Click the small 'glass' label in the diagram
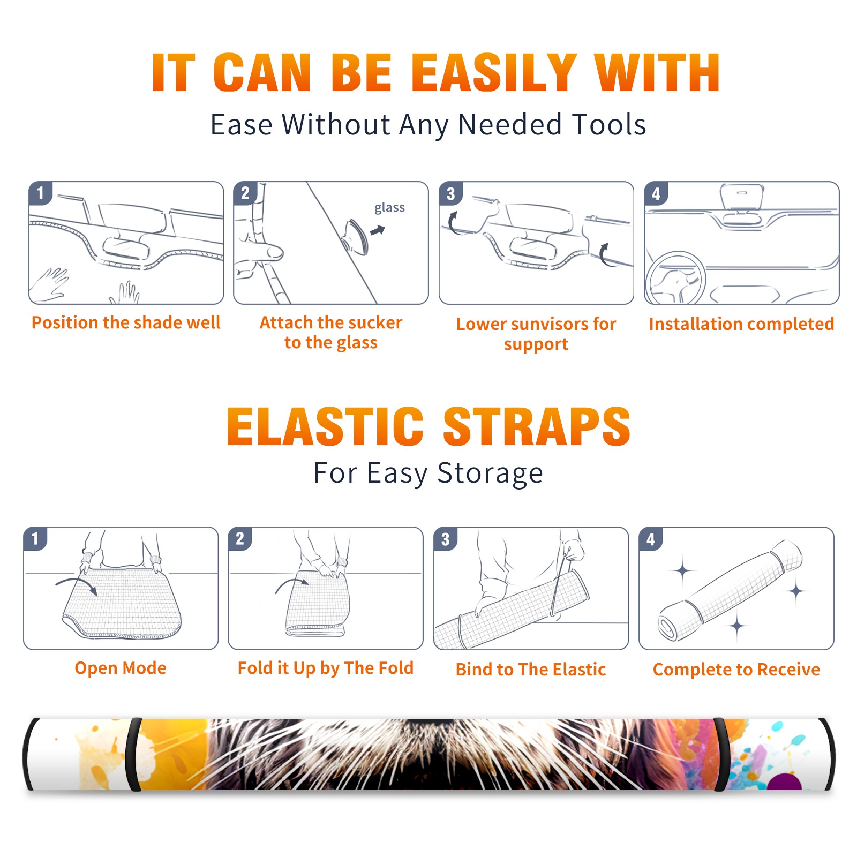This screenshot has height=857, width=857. (x=389, y=208)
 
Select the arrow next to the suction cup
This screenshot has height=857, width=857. (x=378, y=230)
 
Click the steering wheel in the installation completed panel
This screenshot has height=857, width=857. (x=675, y=279)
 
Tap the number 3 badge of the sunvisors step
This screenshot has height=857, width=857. (x=451, y=193)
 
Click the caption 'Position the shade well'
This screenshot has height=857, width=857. (x=126, y=322)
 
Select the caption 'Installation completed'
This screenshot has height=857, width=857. (x=741, y=324)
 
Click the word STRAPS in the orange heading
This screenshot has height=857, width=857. (x=537, y=426)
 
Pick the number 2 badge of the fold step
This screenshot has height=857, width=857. (x=240, y=538)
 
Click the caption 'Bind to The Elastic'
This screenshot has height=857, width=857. (x=531, y=670)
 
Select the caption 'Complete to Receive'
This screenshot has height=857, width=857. (x=736, y=670)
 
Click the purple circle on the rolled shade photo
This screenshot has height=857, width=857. (x=784, y=782)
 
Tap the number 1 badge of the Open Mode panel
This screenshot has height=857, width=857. (x=35, y=538)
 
